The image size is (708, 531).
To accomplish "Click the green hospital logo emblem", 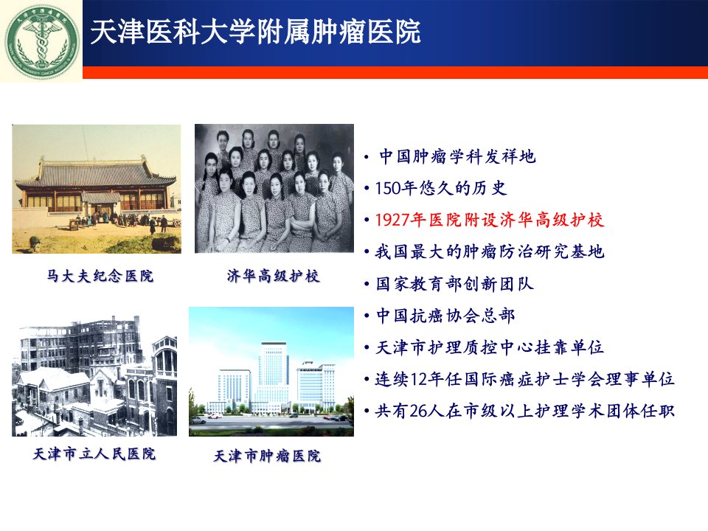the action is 41,41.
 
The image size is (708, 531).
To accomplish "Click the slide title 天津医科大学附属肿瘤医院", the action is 255,32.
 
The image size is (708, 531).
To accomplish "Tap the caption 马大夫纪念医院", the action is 100,275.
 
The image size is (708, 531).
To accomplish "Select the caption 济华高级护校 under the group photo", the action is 273,275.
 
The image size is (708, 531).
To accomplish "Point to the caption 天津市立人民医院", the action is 94,454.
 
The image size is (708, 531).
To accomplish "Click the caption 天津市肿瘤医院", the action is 267,456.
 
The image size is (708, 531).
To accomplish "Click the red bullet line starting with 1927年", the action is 490,220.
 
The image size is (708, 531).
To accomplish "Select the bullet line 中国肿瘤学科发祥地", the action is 457,156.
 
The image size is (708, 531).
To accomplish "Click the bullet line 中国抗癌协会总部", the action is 445,316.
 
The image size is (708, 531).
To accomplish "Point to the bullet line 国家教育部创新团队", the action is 455,284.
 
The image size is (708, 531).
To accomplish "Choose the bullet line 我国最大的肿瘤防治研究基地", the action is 490,251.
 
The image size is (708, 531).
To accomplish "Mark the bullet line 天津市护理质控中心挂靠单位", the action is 490,347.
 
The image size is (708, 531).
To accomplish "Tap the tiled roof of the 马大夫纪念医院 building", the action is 96,174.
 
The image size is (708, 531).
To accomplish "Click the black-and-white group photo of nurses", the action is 274,188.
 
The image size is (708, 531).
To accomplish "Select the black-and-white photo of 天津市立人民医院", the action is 94,375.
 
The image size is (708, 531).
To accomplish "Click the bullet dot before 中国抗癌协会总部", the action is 367,316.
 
